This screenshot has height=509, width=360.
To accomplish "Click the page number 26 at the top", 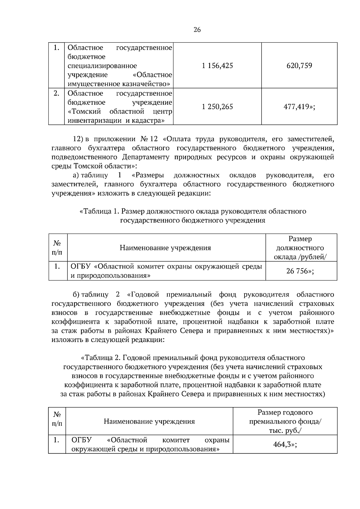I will click(197, 30).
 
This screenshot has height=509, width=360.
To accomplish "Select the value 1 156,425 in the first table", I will click(217, 66).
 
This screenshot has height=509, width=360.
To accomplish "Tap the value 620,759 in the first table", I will click(299, 66).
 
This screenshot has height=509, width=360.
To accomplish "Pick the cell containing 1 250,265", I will click(217, 107).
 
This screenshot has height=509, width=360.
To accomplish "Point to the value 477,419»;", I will click(299, 107).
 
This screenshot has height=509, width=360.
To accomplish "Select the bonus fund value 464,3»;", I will click(285, 444).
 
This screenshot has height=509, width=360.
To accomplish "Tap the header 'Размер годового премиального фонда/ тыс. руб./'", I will click(285, 421).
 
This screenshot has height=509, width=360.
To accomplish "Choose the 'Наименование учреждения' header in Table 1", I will click(165, 248).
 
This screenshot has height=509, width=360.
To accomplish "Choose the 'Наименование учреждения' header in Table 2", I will click(149, 421).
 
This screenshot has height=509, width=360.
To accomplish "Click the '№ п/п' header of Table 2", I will click(57, 419).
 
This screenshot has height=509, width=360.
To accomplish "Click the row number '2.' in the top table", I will click(56, 94).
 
